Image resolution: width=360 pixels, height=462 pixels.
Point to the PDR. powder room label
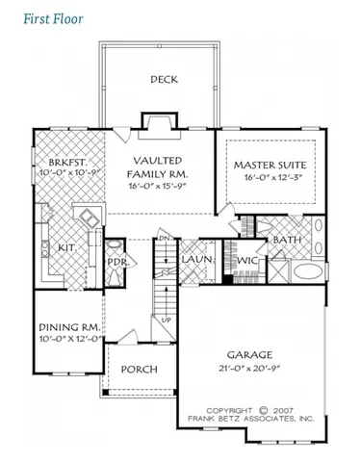117,262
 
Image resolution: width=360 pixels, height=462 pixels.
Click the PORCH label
137,371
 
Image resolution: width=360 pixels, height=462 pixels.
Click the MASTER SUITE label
270,166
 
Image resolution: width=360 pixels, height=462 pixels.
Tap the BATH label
287,239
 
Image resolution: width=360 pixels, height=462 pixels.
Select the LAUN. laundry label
198,260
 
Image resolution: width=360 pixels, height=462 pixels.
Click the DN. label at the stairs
165,238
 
